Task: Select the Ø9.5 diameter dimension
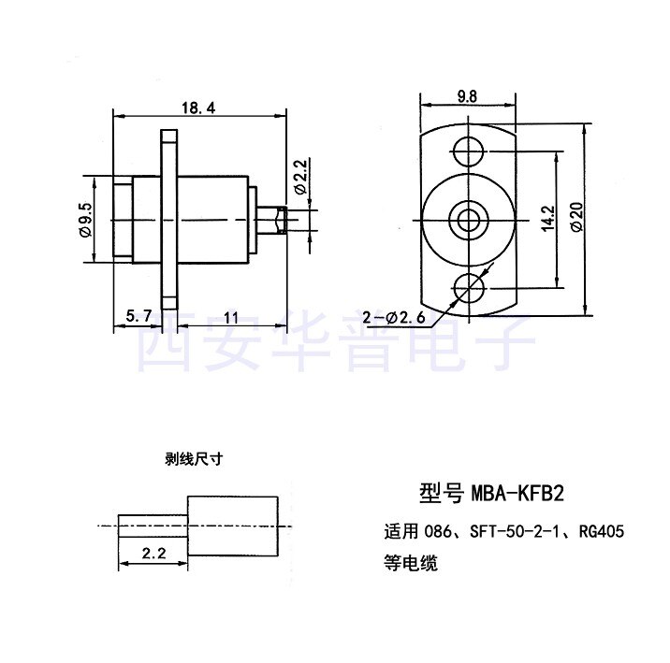point(87,220)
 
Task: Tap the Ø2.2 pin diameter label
point(299,175)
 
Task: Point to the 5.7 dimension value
point(138,317)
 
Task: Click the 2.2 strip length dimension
point(153,553)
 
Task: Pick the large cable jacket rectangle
point(234,524)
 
